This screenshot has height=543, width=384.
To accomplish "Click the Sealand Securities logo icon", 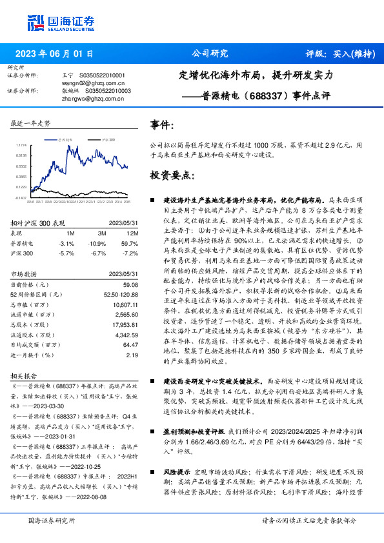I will tap(35, 23).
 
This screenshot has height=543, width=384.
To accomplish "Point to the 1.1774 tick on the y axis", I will tap(21, 146).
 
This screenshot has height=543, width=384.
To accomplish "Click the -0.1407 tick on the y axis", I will tap(21, 198).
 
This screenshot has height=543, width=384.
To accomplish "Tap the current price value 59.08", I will tap(131, 285).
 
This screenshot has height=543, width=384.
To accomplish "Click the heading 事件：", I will tap(161, 124).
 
